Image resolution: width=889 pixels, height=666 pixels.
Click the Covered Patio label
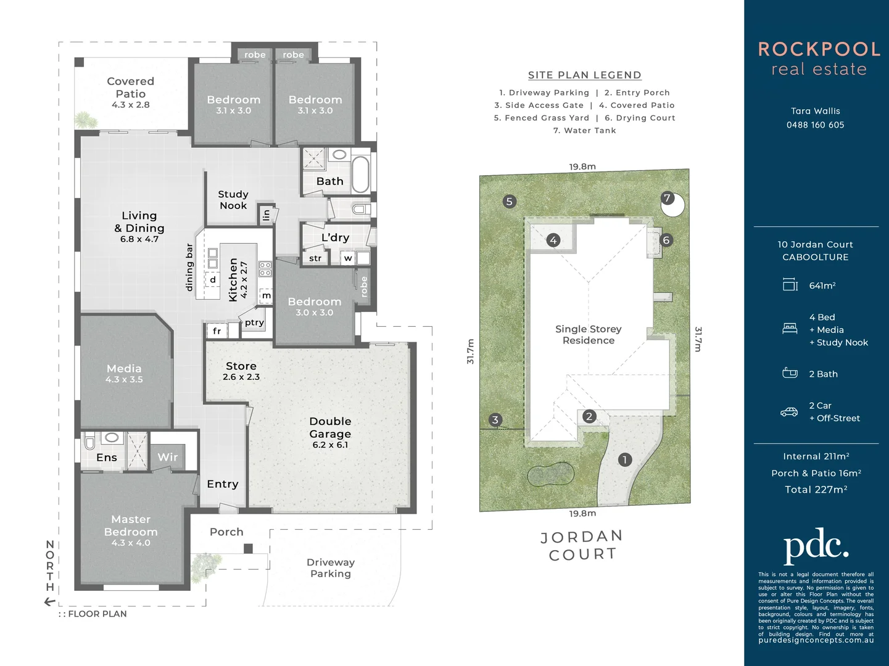click(x=130, y=92)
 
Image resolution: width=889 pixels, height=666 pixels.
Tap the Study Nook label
click(x=233, y=200)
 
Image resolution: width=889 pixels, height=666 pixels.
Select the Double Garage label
click(x=330, y=432)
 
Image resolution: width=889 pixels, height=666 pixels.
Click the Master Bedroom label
click(x=131, y=530)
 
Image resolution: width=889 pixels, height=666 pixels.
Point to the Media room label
click(x=124, y=372)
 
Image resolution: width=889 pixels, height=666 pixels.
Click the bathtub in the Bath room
click(x=360, y=173)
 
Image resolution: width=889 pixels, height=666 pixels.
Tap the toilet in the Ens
click(x=90, y=442)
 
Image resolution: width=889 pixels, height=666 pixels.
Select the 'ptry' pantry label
click(x=254, y=323)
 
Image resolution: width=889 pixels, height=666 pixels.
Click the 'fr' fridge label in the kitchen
click(x=217, y=331)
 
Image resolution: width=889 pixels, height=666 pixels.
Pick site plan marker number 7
click(x=667, y=198)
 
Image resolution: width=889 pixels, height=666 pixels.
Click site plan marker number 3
click(x=495, y=420)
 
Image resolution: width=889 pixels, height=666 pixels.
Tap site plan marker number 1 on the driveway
click(x=625, y=459)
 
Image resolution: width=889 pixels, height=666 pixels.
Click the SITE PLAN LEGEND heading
click(x=584, y=75)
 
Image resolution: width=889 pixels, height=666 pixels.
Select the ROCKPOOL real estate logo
click(x=819, y=59)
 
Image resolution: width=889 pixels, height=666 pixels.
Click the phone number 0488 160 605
click(x=815, y=125)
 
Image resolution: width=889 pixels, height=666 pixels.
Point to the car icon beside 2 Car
click(x=789, y=412)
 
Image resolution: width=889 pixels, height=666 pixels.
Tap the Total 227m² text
click(x=816, y=490)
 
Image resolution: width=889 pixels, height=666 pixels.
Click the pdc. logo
click(x=816, y=545)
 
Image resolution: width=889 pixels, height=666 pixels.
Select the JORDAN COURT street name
click(x=581, y=546)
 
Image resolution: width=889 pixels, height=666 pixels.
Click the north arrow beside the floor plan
click(x=50, y=602)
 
